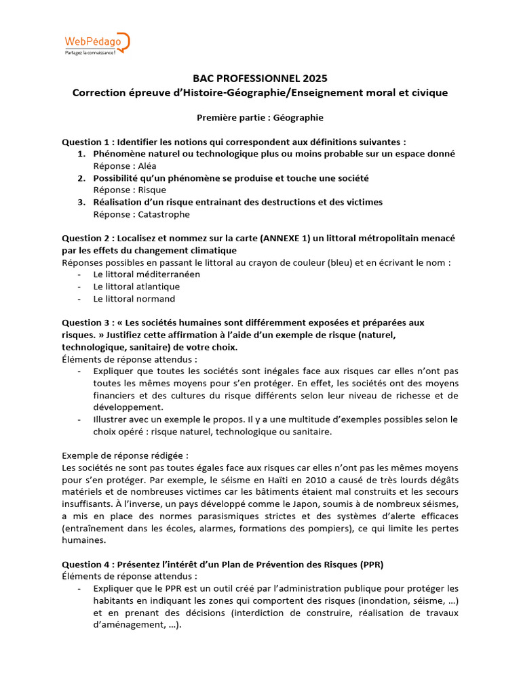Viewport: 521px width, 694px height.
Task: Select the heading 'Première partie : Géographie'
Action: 260,117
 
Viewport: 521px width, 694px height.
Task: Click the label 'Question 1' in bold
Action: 85,142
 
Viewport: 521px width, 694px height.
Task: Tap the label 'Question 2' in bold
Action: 85,239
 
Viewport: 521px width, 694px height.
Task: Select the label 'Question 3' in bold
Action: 85,323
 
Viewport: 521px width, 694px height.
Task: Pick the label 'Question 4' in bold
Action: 85,564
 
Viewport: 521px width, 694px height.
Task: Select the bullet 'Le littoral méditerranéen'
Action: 147,274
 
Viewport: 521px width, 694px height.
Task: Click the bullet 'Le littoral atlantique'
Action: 136,287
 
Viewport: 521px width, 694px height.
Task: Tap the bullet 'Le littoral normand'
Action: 134,299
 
